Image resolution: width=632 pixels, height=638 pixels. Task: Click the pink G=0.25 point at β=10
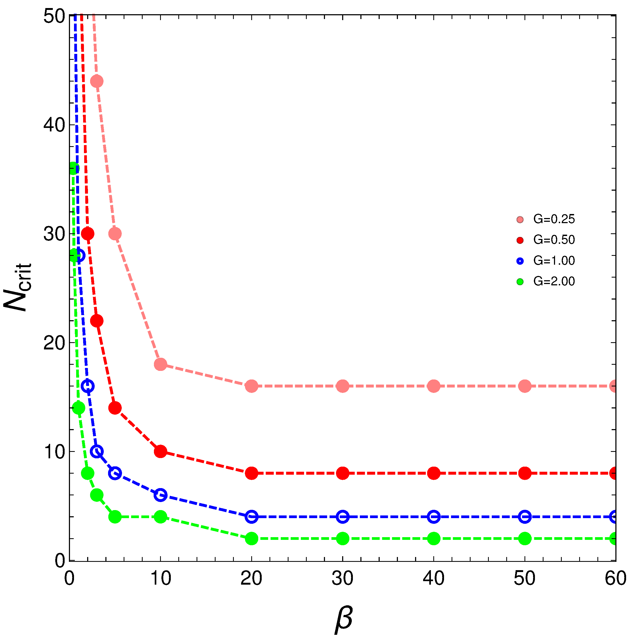coord(160,364)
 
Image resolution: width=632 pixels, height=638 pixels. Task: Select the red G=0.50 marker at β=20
coord(252,473)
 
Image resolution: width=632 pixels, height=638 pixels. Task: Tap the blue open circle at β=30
coord(343,517)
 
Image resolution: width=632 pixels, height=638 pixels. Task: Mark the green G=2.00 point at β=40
coord(434,539)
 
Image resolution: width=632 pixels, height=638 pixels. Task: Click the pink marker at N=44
coord(97,81)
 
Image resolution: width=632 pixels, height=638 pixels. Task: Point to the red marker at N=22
coord(97,321)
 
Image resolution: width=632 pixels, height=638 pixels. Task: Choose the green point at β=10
coord(160,517)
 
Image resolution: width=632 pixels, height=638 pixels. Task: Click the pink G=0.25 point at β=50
coord(525,386)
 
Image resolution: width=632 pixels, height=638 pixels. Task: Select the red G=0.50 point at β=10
coord(160,451)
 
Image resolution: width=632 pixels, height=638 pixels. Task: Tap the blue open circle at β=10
coord(160,495)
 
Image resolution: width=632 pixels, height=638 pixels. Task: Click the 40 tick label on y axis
coord(54,125)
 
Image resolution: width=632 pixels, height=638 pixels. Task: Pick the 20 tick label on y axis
coord(54,343)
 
